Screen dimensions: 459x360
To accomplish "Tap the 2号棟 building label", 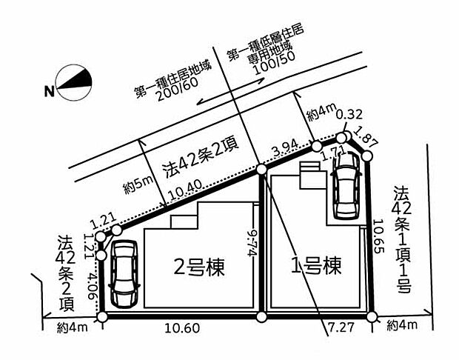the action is click(x=199, y=266).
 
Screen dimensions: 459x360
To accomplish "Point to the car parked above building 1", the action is click(x=346, y=190).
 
